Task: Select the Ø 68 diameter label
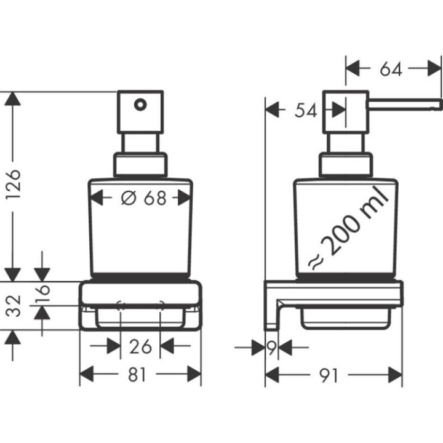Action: coord(140,198)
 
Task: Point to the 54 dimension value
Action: coord(306,110)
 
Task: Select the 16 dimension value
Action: coord(41,294)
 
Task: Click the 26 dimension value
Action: coord(140,346)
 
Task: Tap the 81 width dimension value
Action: coord(140,374)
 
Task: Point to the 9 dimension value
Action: coord(271,348)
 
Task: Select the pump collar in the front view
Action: coord(140,165)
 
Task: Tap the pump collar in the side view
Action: coord(346,165)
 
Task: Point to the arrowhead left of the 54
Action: coord(271,110)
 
